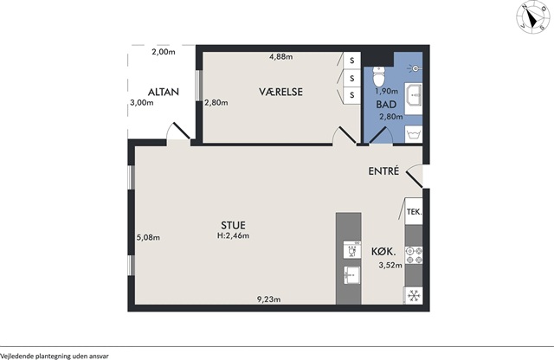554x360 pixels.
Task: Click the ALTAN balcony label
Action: (164, 92)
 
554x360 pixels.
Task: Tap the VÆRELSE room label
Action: (280, 92)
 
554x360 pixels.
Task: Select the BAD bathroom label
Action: (386, 105)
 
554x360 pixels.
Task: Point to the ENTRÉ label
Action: (383, 171)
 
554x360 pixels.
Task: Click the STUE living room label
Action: (233, 225)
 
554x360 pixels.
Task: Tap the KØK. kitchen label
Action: (383, 252)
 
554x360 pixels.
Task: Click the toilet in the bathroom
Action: (379, 76)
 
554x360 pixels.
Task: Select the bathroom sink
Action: (414, 95)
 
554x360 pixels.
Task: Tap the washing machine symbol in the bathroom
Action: (414, 134)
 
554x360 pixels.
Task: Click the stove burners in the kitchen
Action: (414, 255)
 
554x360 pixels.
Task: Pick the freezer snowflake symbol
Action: (414, 295)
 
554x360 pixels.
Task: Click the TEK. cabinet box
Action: (414, 212)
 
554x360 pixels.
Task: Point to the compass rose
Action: (533, 19)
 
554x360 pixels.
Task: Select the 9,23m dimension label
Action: (269, 299)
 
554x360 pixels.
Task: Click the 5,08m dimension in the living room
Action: (148, 237)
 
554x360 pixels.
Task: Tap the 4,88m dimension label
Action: (280, 56)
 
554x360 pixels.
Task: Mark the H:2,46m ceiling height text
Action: (233, 235)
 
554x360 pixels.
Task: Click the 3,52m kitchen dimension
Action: (390, 266)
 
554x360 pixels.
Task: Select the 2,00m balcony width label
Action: (164, 52)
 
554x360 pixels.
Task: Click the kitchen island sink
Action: (352, 275)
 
